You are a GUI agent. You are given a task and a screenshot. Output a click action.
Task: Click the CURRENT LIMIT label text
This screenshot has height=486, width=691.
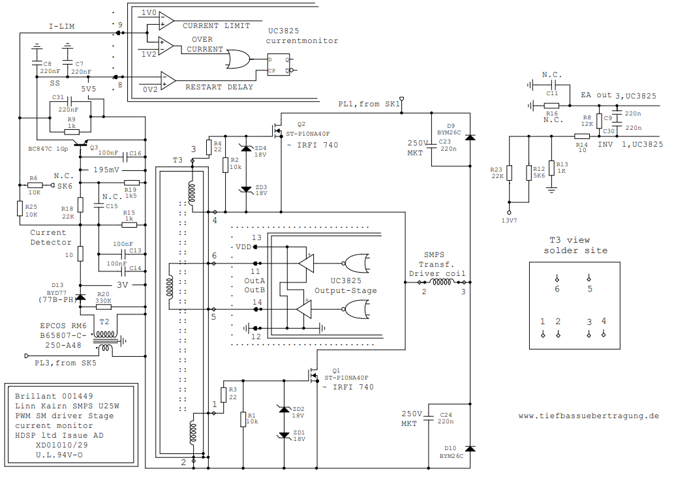(216, 26)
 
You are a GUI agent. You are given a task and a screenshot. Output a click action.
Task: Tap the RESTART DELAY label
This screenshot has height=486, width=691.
(221, 87)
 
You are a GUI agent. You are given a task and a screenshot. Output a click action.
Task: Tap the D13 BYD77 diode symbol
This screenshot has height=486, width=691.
(80, 297)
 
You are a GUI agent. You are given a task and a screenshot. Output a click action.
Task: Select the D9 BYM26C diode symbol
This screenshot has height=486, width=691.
(469, 137)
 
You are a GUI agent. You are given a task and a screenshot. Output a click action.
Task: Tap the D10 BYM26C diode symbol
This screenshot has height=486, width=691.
(469, 448)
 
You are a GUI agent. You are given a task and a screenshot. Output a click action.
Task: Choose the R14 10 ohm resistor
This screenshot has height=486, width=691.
(582, 136)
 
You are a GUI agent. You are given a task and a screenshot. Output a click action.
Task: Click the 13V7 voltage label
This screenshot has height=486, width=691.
(509, 220)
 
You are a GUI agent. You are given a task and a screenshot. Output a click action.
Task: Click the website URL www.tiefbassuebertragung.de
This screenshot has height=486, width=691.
(589, 416)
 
